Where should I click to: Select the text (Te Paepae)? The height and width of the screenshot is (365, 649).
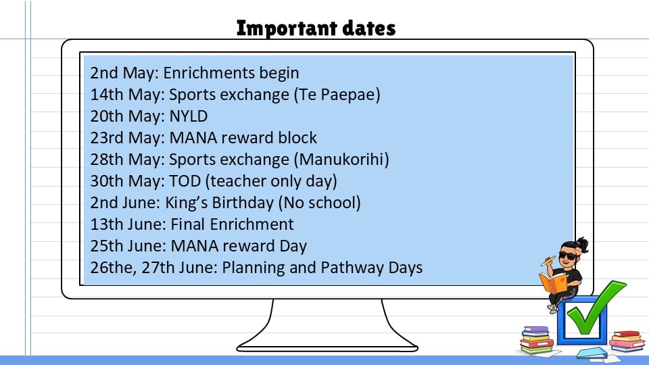(x=337, y=95)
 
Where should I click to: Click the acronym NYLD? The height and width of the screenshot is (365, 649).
(x=189, y=116)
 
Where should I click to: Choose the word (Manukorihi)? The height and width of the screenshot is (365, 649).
(x=341, y=160)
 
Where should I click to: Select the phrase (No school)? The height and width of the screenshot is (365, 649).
(x=319, y=203)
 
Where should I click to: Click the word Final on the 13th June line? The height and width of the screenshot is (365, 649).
(x=188, y=224)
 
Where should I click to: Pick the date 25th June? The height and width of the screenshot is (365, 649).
(x=128, y=246)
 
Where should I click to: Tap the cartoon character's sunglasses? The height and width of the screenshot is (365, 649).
(x=567, y=255)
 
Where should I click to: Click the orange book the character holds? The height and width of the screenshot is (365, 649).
(x=553, y=283)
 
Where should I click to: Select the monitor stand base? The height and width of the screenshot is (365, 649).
(x=327, y=347)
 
